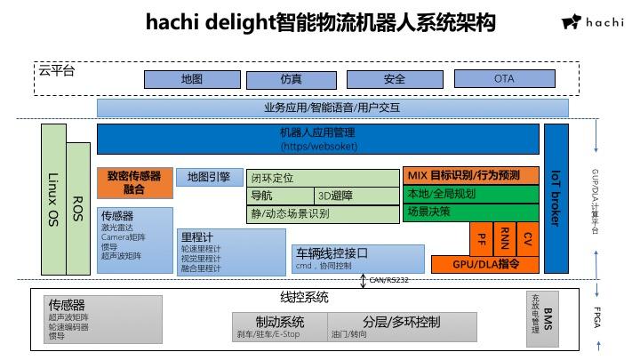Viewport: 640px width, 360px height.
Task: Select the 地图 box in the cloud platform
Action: tap(191, 79)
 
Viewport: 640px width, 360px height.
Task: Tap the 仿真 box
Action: tap(291, 79)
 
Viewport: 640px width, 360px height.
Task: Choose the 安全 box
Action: tap(395, 79)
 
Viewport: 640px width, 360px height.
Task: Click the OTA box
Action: tap(504, 79)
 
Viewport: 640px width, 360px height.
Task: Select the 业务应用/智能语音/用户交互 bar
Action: tap(332, 108)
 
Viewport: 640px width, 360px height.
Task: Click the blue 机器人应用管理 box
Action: tap(317, 139)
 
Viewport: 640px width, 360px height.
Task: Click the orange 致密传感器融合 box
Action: tap(134, 182)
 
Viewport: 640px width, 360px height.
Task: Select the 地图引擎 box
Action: tap(209, 178)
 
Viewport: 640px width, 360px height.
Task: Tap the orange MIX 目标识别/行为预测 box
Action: tap(471, 176)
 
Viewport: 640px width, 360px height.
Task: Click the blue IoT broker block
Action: tap(556, 197)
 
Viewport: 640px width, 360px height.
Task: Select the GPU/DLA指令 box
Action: tap(485, 264)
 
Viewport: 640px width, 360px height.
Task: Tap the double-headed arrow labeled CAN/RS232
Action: tap(363, 281)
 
